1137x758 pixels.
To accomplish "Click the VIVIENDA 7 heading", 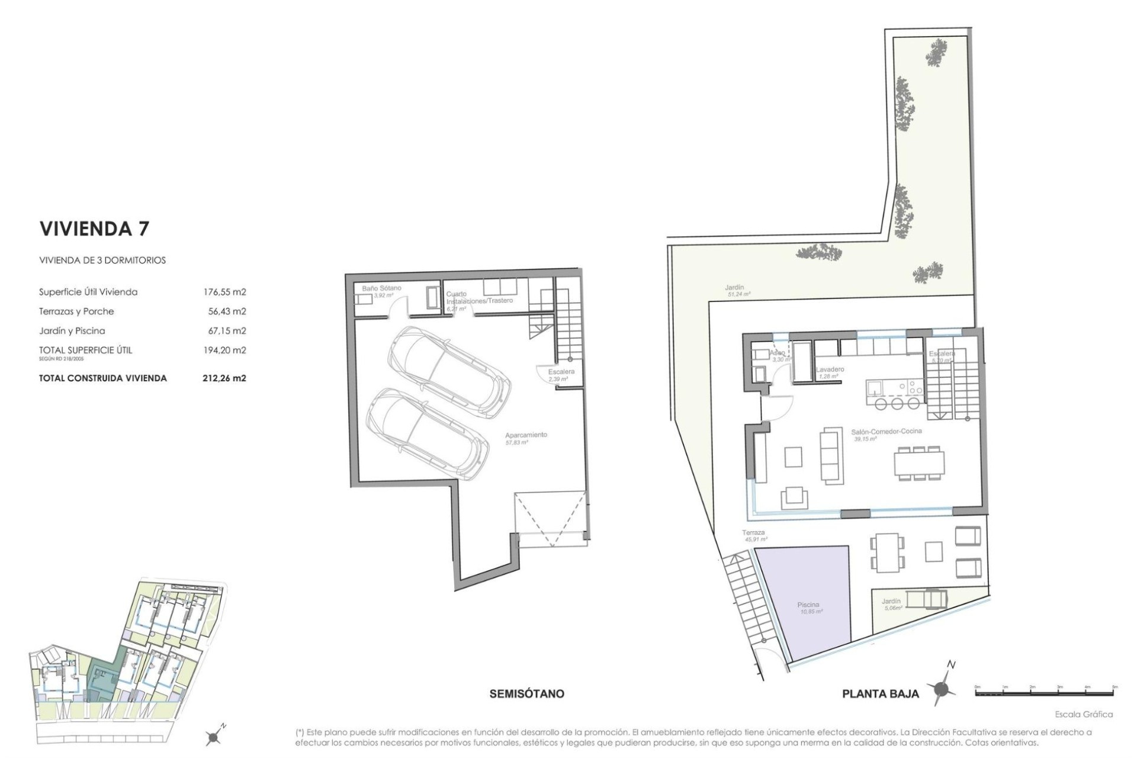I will point(94,229).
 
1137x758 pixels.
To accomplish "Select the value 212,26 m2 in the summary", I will point(224,378).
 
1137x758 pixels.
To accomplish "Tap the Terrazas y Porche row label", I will point(76,311).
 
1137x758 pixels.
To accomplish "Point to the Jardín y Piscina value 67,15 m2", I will point(224,331).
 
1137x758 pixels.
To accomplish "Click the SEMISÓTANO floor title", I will point(526,693).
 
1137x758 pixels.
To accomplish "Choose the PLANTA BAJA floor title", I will point(881,694).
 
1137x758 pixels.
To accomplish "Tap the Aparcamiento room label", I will point(525,435).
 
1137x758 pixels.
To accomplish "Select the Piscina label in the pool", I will point(808,605).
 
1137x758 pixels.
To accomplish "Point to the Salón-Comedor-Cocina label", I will point(887,432).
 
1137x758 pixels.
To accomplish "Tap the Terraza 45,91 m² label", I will point(753,533).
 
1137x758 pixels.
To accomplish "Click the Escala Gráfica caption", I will point(1083,715).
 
